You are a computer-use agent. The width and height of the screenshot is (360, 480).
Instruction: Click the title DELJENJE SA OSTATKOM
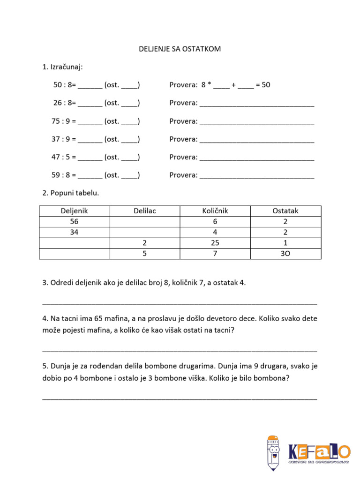pos(180,49)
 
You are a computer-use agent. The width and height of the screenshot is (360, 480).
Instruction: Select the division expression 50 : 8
pos(64,85)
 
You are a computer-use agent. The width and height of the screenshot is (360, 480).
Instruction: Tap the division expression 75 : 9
pos(63,121)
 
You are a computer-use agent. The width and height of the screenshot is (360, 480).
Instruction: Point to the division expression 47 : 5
pos(63,157)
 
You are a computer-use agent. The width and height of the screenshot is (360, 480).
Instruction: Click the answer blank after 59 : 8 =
pos(90,176)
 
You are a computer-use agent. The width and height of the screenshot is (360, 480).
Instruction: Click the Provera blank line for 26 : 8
pos(256,104)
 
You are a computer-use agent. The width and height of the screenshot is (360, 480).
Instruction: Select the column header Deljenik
pos(75,211)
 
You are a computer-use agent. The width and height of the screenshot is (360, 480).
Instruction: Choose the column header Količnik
pos(215,211)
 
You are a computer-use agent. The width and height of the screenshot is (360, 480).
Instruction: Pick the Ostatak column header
pos(285,211)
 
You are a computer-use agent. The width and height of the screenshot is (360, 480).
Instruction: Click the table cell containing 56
pos(75,222)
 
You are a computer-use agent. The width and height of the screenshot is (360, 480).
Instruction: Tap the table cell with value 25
pos(215,243)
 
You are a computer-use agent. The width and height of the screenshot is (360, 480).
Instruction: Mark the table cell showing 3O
pos(285,254)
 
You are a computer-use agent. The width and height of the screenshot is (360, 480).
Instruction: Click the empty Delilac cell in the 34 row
pos(145,232)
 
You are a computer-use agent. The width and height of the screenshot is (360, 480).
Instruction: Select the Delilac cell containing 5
pos(145,254)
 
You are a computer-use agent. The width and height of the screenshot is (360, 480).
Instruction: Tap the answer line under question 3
pos(180,302)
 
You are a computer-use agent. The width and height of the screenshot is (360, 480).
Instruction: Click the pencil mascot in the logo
pos(273,453)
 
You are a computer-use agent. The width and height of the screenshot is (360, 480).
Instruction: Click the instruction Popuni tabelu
pos(71,193)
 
